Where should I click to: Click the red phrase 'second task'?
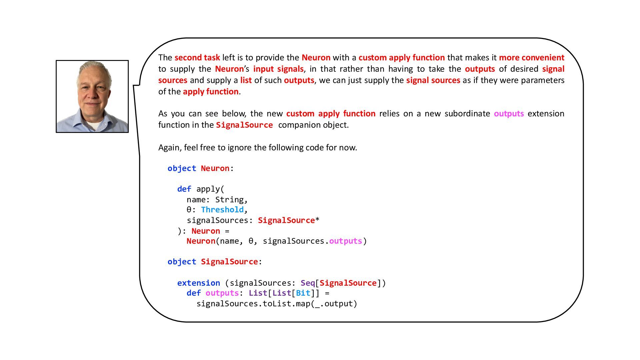click(197, 58)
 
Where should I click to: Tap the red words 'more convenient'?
click(531, 58)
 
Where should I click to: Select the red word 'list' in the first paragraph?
click(246, 80)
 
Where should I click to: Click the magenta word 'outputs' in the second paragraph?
click(509, 114)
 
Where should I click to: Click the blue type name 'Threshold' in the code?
click(222, 210)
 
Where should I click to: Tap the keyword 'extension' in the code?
click(198, 283)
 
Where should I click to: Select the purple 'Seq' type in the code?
click(308, 283)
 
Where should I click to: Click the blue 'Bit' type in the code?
click(303, 293)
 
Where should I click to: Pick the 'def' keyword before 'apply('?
click(184, 189)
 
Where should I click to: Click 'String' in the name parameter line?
click(229, 200)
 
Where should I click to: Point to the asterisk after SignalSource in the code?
click(317, 220)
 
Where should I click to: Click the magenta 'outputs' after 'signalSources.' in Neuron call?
click(345, 241)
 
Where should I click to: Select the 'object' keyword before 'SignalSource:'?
click(182, 262)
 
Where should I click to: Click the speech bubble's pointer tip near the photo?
click(134, 86)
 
